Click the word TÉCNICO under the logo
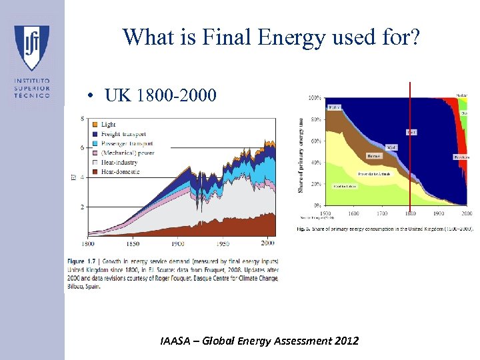31,96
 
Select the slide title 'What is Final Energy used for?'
271,37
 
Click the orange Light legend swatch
95,125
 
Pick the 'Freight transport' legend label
123,134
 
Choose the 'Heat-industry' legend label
120,162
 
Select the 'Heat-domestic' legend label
121,171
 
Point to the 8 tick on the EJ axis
82,119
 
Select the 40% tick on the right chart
316,163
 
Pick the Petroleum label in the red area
462,157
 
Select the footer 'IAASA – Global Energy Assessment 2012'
259,341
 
